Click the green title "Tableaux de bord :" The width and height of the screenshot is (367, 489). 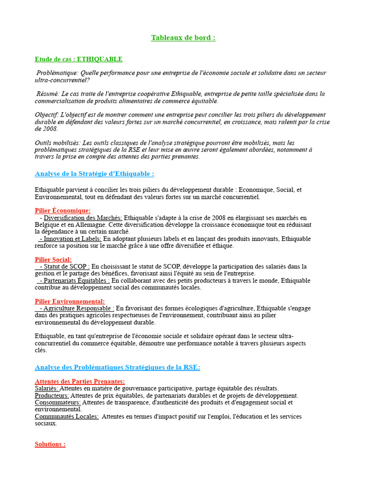point(183,38)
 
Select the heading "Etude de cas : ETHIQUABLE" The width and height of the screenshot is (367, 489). point(78,59)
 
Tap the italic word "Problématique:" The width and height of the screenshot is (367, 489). point(57,73)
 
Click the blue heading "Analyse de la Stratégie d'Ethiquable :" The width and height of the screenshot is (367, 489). point(94,174)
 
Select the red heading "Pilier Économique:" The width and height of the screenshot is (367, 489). point(63,211)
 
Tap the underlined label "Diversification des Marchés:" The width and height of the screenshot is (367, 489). point(83,218)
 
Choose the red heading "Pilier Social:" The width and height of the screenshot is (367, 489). point(53,259)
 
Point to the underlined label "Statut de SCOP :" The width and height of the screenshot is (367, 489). point(65,266)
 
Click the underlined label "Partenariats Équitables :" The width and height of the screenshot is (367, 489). point(75,281)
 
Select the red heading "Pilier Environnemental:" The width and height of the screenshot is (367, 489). point(70,301)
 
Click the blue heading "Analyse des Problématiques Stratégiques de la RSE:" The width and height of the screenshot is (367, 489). point(118,367)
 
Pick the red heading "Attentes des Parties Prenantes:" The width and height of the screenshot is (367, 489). point(79,382)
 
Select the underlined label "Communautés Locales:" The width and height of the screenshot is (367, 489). point(66,416)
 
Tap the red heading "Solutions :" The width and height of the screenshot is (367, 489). point(50,444)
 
